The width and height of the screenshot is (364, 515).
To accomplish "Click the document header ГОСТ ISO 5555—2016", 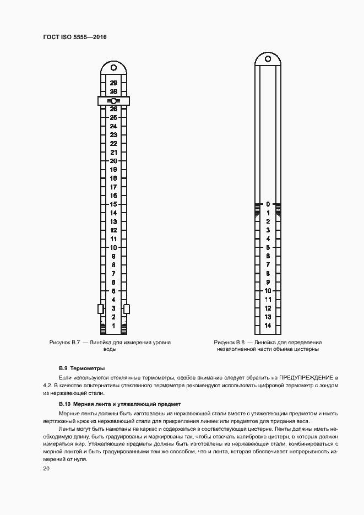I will tap(74, 36).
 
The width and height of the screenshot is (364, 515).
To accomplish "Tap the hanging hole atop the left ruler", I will tap(113, 68).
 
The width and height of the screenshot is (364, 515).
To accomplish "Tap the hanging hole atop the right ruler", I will tap(268, 58).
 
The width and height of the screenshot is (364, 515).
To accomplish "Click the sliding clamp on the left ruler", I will tap(113, 101).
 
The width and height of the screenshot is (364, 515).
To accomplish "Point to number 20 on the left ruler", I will tap(113, 161).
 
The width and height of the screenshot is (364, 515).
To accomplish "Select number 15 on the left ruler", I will tap(113, 204).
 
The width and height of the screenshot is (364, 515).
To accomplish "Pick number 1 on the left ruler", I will tap(113, 326).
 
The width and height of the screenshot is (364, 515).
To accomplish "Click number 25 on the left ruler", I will tap(113, 117).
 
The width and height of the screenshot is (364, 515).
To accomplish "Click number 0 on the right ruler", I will tap(268, 204).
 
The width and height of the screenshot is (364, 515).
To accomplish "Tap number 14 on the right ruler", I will tap(268, 326).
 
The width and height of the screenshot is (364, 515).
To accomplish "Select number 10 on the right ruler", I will tap(268, 291).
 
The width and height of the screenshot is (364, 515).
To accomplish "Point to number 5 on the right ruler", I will tap(268, 247).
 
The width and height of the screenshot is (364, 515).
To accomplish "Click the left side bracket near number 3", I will tap(101, 308).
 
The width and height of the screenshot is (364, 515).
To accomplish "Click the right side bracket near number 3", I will tap(126, 308).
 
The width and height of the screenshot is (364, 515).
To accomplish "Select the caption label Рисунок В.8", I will tap(230, 343).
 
